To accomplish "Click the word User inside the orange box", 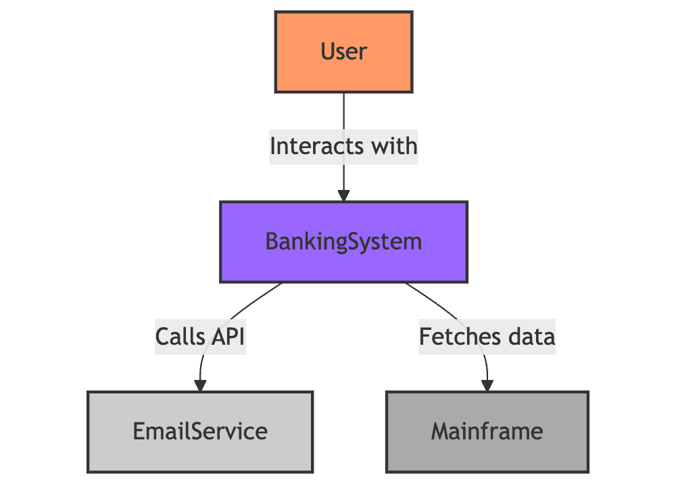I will point(343,51).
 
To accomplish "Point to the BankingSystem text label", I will point(343,241).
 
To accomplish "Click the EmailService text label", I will point(200,431).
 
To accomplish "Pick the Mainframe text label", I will point(487,431).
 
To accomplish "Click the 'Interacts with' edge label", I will point(343,146).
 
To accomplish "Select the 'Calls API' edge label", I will point(199,336).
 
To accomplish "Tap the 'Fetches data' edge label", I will point(487,336).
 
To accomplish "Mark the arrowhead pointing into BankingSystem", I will point(343,195).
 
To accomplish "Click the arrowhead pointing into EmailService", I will point(200,385).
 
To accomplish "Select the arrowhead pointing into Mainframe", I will point(487,385).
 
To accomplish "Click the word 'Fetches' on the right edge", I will point(460,336).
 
